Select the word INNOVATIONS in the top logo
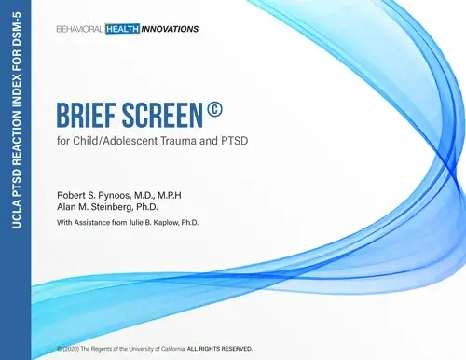point(171,28)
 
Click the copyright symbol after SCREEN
point(214,112)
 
